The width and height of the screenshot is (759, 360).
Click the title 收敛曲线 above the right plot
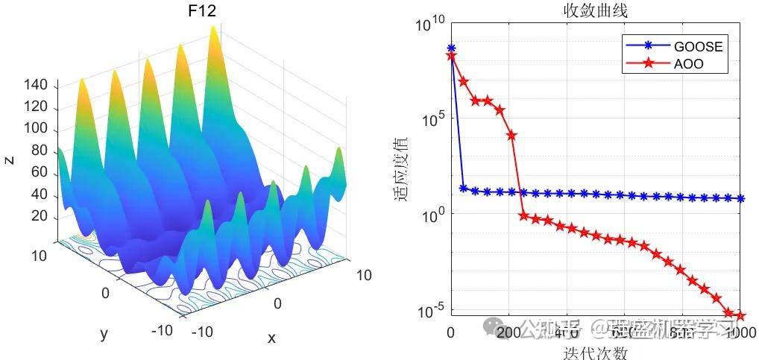click(594, 10)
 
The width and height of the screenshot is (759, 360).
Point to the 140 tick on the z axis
click(37, 86)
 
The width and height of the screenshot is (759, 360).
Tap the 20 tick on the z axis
click(40, 216)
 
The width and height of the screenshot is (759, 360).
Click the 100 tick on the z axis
click(37, 130)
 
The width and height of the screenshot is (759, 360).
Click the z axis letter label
click(10, 159)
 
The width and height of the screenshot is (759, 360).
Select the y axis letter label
click(104, 334)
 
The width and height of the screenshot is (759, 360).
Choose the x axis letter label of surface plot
click(271, 338)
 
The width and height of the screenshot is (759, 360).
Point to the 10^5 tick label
click(432, 119)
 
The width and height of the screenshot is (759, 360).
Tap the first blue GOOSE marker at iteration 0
click(451, 48)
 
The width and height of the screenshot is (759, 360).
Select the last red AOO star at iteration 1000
click(740, 315)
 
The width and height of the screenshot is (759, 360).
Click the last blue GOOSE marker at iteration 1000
click(740, 198)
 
